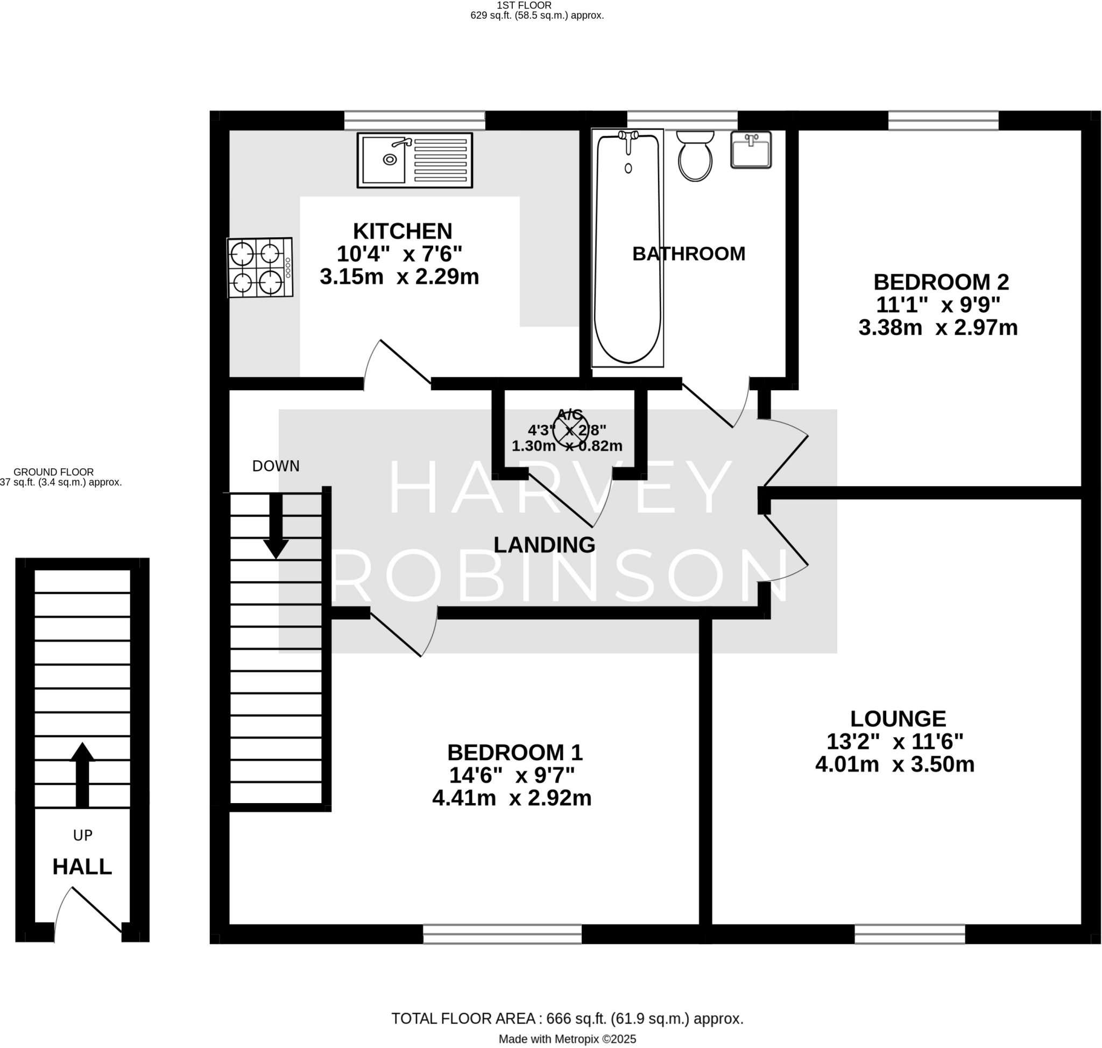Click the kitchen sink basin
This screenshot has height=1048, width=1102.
point(383,160)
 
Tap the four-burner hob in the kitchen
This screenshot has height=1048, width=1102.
point(260,268)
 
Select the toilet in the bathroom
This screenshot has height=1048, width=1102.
point(695,157)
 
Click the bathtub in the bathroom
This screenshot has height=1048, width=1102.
point(627,249)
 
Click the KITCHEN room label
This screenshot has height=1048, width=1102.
point(402,231)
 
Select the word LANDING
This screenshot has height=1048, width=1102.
point(544,545)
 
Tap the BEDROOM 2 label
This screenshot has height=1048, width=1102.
point(941,282)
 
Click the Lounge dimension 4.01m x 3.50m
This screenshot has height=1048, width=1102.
point(894,764)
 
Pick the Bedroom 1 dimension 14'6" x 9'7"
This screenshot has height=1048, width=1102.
point(512,776)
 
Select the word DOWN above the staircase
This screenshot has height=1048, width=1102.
point(275,466)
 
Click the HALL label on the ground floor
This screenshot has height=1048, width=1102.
point(82,867)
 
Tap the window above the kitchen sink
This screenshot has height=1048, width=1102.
point(414,121)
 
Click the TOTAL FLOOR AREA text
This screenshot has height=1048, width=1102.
point(567,1018)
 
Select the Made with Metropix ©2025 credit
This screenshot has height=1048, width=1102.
point(567,1039)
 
